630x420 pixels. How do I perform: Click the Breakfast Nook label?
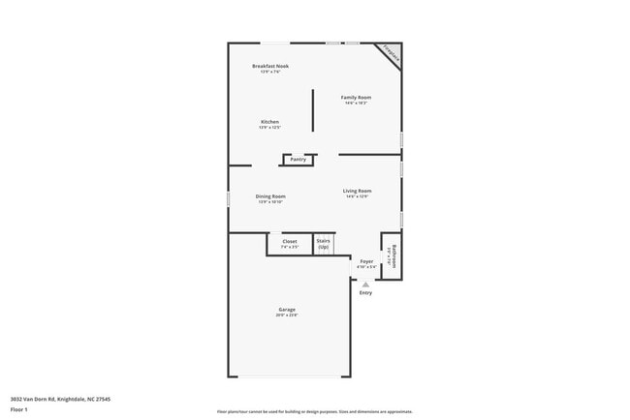point(270,66)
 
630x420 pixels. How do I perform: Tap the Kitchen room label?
point(269,122)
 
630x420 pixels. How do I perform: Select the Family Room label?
point(356,97)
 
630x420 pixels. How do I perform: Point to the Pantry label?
point(298,159)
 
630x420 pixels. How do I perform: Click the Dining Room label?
point(270,195)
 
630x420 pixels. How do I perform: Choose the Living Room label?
point(357,191)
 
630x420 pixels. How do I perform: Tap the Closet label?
point(290,241)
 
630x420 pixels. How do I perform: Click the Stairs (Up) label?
point(324,244)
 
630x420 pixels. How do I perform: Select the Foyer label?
point(366,261)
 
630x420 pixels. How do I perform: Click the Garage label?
point(287,309)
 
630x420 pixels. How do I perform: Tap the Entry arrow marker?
point(365,285)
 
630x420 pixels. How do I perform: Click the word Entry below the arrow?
point(365,293)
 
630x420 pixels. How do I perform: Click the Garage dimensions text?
point(287,315)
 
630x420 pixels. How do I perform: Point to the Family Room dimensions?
point(356,103)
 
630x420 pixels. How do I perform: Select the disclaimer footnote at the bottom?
point(315,410)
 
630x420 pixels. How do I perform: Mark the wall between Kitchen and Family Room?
point(312,110)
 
